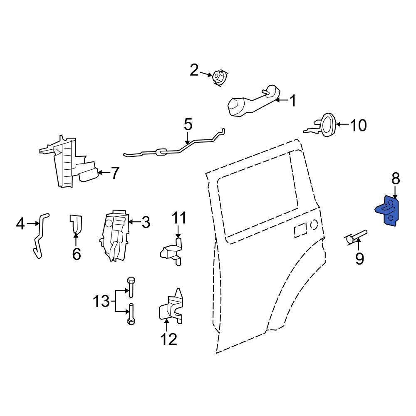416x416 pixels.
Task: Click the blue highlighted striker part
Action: pos(389,211)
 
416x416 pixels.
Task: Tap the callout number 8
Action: pos(395,179)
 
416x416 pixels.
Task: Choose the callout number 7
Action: pos(115,172)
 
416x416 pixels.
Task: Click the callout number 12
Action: pos(168,339)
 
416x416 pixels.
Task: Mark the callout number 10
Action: pos(358,125)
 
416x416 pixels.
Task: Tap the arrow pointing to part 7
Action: pos(103,172)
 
